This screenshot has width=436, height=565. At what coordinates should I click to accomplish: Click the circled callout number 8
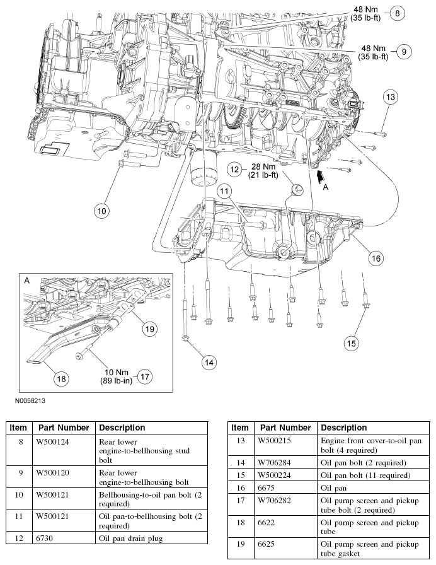pos(398,12)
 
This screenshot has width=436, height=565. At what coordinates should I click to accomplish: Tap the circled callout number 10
pos(101,211)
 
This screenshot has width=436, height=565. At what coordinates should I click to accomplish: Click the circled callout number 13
pos(391,96)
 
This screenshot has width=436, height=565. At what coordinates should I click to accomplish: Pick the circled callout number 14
pos(209,362)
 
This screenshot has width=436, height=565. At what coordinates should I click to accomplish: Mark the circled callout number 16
pos(376,258)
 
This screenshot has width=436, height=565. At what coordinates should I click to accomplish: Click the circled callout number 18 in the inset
pos(61,378)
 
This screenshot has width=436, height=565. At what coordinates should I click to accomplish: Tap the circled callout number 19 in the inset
pos(149,327)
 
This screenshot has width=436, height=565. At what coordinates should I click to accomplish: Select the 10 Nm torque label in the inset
pos(115,376)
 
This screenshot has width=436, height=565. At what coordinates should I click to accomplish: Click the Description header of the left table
pos(122,427)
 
